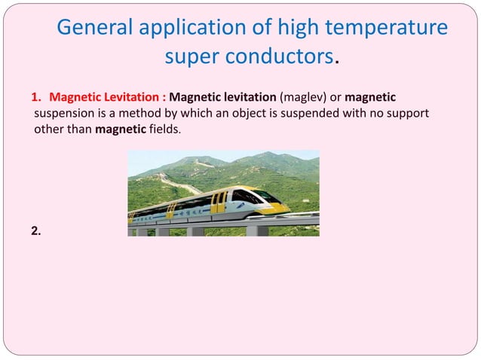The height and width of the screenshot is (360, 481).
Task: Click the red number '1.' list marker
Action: (x=36, y=99)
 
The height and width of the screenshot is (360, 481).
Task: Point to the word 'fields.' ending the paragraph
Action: (x=164, y=129)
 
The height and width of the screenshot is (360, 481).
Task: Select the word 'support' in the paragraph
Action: (x=409, y=114)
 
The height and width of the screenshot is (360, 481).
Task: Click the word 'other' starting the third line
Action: (x=49, y=129)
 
